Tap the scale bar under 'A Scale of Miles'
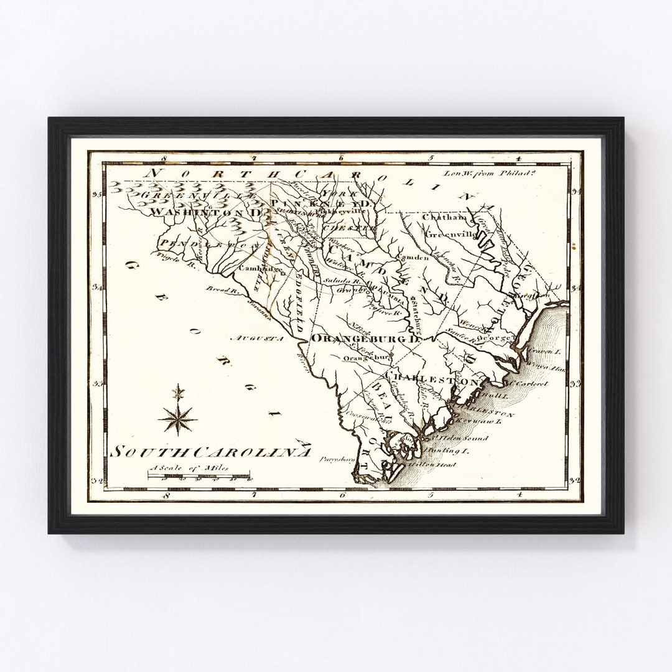[x=199, y=476]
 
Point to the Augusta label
[x=257, y=339]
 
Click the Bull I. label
[x=500, y=395]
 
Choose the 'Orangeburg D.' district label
[x=366, y=339]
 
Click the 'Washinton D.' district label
[x=205, y=212]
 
